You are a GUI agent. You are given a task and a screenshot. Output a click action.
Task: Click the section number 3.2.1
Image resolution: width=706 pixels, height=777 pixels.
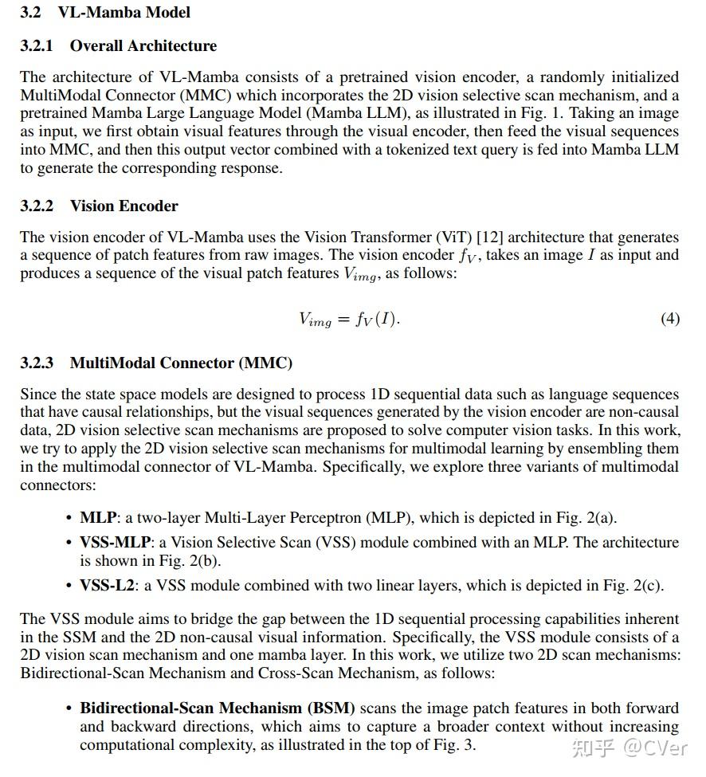click(x=37, y=46)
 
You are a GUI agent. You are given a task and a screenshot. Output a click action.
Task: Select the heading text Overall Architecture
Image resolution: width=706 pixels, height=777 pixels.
click(x=143, y=46)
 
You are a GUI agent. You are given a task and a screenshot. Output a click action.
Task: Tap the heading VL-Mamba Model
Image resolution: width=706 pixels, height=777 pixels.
click(x=124, y=13)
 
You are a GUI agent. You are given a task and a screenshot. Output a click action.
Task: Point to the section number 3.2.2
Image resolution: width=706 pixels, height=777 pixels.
click(x=37, y=206)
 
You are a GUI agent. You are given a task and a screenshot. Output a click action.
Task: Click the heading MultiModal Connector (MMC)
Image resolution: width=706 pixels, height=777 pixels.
click(x=181, y=363)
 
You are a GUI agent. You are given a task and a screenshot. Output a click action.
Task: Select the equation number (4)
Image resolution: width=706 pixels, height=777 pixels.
click(x=670, y=319)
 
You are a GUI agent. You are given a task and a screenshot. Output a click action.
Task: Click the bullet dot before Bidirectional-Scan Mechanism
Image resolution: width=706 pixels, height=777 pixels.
click(x=69, y=708)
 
